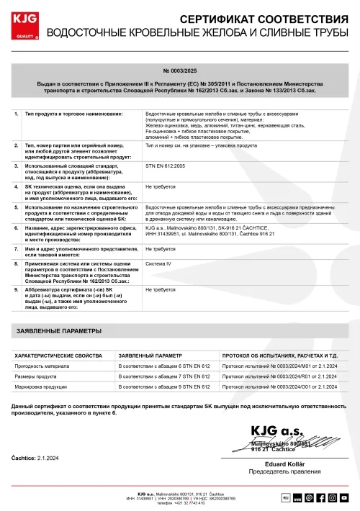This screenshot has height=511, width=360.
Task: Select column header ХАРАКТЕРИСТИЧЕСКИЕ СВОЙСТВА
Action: tap(60, 356)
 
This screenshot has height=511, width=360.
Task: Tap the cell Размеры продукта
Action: tap(36, 376)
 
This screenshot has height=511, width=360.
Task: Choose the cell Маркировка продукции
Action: tap(41, 386)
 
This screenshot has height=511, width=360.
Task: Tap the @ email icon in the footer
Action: tap(308, 497)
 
